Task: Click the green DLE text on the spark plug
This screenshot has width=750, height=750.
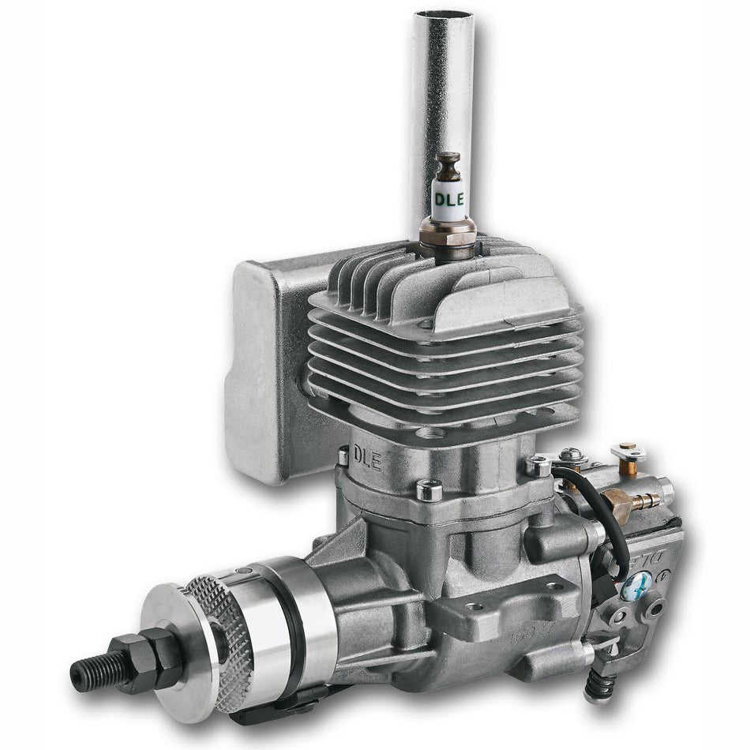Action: point(447,193)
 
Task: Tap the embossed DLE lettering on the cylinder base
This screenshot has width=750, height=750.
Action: point(367,458)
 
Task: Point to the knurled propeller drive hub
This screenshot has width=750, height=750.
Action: point(225,624)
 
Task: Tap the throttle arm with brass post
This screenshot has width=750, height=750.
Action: point(628,454)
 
